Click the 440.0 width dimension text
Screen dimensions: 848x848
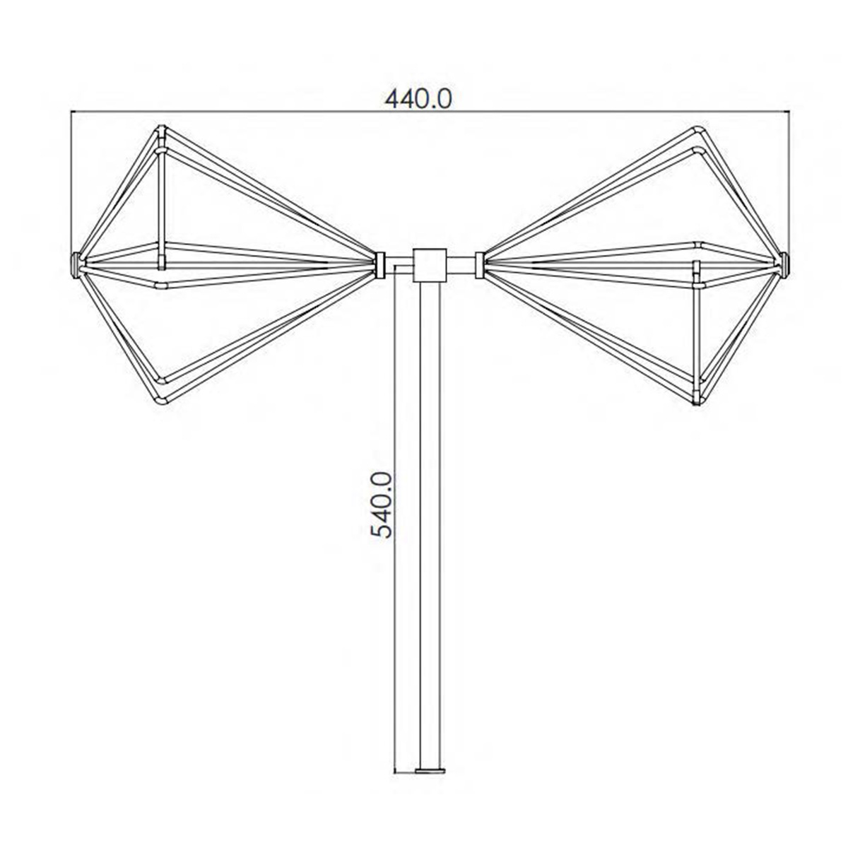pyautogui.click(x=418, y=99)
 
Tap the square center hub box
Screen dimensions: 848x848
pyautogui.click(x=429, y=265)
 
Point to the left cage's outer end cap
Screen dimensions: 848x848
pyautogui.click(x=76, y=265)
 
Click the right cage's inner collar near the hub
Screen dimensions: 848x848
pyautogui.click(x=480, y=265)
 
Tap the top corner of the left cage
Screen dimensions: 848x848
pyautogui.click(x=162, y=130)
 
